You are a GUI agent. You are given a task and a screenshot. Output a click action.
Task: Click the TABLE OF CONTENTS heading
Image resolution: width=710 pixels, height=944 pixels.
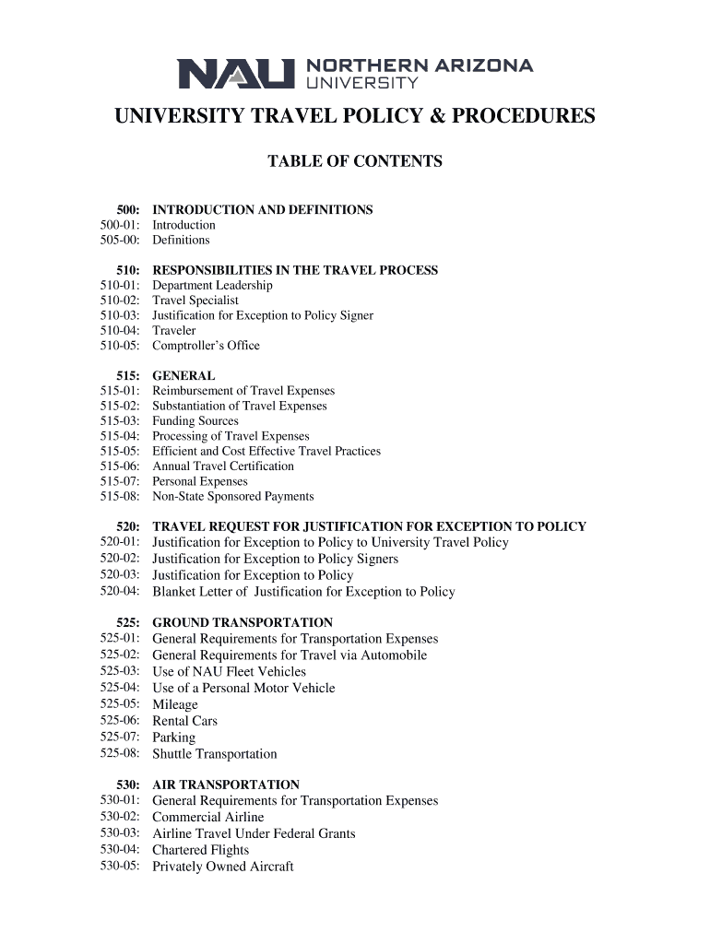click(355, 162)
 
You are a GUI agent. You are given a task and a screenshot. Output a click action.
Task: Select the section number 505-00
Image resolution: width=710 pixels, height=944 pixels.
click(122, 240)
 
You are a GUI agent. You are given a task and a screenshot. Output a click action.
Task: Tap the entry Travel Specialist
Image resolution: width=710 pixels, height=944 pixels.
click(195, 301)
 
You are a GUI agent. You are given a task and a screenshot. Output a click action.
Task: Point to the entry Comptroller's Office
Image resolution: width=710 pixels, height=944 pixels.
click(206, 346)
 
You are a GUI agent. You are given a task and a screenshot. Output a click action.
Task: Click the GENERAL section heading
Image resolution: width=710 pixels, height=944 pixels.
click(183, 376)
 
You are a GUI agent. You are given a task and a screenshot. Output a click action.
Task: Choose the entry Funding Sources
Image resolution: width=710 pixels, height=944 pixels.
click(195, 421)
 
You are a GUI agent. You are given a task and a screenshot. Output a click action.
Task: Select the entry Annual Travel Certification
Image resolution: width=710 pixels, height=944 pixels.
click(223, 466)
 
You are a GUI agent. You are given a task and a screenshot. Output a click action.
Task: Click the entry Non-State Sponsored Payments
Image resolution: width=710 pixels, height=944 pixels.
click(233, 496)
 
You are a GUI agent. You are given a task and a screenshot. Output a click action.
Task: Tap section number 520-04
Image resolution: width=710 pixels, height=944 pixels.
click(122, 592)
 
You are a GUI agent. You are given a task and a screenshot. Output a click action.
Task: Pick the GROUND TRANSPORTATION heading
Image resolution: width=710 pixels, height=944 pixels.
click(243, 623)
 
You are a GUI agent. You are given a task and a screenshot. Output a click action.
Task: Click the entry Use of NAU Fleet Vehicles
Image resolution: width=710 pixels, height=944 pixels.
click(229, 672)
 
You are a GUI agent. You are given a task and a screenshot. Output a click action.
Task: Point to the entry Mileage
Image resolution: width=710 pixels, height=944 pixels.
click(175, 705)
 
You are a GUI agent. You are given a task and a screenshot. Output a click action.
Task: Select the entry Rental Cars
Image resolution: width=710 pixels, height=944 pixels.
click(184, 721)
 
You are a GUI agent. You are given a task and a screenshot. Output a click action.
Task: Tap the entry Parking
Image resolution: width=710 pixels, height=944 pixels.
click(174, 737)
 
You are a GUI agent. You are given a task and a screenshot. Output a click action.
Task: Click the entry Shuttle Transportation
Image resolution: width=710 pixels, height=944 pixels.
click(215, 754)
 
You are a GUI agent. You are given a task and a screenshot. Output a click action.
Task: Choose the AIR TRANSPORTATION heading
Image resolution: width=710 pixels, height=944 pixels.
click(226, 785)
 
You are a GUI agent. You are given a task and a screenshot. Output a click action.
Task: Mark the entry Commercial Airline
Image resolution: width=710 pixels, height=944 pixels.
click(208, 818)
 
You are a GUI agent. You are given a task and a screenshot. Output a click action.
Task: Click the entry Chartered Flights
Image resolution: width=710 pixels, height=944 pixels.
click(201, 850)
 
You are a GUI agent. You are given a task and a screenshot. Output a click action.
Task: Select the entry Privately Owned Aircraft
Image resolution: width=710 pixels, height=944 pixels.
click(223, 867)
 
